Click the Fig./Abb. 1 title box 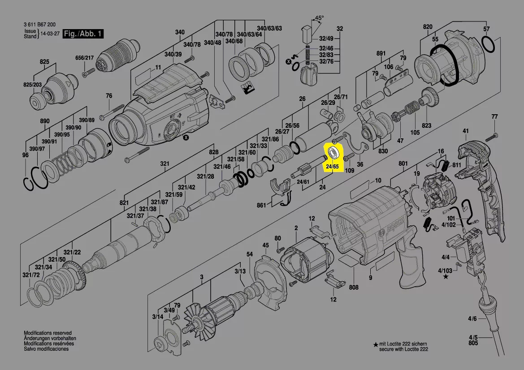(83, 34)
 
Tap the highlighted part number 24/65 (332, 167)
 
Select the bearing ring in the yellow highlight (333, 152)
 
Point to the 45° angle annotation (319, 18)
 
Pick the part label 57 (486, 29)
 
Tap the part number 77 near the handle (494, 117)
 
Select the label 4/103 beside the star (445, 271)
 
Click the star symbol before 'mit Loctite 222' (376, 344)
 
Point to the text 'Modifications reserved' (48, 333)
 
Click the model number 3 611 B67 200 (39, 25)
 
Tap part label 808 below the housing (354, 287)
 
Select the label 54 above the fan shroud (250, 254)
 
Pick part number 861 (261, 205)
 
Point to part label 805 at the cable (473, 343)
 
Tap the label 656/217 (84, 58)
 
